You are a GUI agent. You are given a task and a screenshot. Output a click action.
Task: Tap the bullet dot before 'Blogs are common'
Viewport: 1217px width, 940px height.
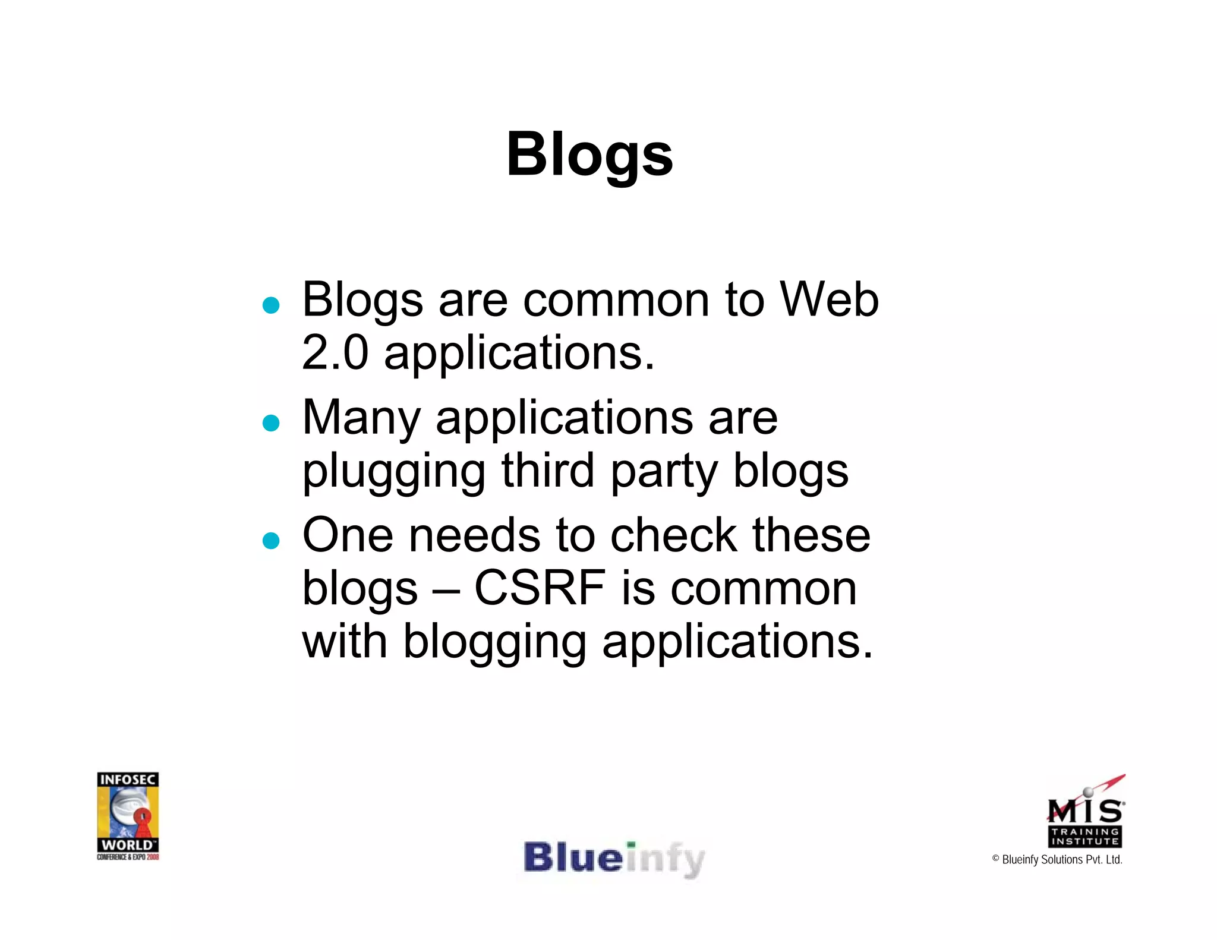271,305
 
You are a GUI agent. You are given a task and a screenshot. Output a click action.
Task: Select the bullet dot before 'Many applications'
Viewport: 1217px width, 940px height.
271,423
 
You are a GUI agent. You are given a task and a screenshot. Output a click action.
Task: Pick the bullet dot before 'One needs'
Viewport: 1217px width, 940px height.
271,541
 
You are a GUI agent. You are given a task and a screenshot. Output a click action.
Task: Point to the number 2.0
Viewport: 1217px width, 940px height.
335,352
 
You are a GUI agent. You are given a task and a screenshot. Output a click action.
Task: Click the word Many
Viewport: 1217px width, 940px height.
361,418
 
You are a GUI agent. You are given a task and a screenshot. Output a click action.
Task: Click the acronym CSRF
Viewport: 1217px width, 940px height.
540,588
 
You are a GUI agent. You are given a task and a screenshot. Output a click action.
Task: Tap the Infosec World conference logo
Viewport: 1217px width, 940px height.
128,816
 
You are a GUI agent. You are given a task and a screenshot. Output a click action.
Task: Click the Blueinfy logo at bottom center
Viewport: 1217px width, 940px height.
614,859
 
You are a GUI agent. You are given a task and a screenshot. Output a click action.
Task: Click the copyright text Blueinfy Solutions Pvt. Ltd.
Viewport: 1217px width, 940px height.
1057,860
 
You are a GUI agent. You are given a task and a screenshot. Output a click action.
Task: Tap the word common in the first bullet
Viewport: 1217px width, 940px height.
616,299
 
